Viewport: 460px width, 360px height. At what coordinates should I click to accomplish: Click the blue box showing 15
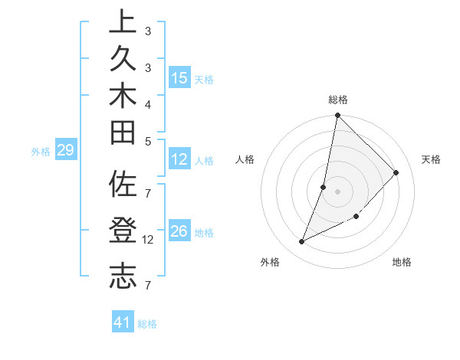click(x=179, y=77)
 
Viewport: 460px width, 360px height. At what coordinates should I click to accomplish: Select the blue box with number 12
click(x=179, y=160)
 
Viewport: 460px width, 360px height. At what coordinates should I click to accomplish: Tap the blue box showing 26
click(x=179, y=231)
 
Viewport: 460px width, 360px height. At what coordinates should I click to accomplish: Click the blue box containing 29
click(x=65, y=151)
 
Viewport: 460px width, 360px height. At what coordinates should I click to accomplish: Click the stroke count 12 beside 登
click(x=148, y=240)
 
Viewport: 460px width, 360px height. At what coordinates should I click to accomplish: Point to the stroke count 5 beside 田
click(x=148, y=141)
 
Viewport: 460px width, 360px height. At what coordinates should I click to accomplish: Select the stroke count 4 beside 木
click(x=148, y=104)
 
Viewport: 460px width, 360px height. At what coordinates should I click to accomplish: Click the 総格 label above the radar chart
click(x=338, y=100)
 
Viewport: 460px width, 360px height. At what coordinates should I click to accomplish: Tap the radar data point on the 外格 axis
click(x=302, y=242)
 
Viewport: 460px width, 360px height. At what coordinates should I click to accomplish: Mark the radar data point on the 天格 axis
click(x=396, y=172)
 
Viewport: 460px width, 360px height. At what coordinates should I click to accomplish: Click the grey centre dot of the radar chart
click(x=338, y=191)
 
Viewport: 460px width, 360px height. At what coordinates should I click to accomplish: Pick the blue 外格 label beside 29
click(x=41, y=152)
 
